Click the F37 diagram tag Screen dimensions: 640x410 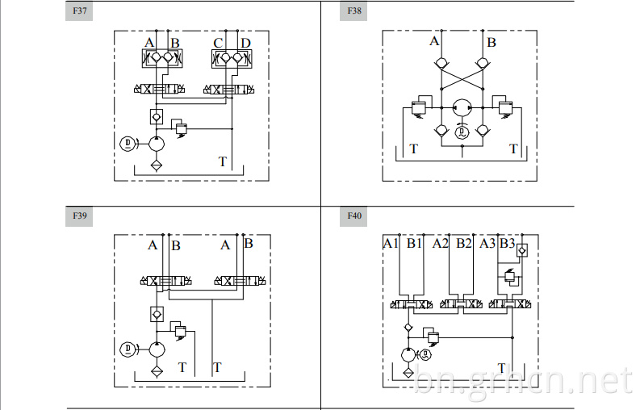[79, 11]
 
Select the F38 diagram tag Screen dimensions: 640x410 [353, 11]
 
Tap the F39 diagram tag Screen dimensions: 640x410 [79, 216]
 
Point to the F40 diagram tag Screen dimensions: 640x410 [353, 216]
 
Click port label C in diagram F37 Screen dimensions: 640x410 [219, 44]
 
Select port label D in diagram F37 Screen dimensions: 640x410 [245, 44]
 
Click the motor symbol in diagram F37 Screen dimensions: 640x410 [128, 144]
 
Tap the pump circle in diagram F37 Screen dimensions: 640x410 [157, 144]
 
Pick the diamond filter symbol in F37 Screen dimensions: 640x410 [157, 165]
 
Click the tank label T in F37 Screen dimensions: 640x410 [223, 162]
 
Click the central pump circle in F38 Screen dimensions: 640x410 [462, 108]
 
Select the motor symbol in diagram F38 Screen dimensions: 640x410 [462, 132]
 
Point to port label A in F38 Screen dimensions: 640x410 [434, 41]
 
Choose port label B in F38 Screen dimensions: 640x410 [492, 43]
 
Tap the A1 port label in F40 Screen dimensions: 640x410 [390, 244]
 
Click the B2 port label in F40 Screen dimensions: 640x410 [464, 244]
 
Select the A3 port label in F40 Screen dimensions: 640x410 [487, 244]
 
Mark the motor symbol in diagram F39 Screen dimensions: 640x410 [128, 349]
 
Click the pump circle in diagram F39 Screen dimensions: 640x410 [157, 349]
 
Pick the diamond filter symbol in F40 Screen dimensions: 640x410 [408, 372]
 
